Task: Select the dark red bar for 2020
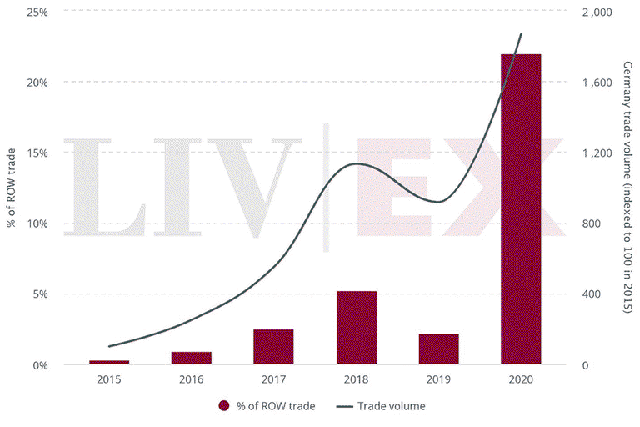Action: [521, 208]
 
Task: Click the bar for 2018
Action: [357, 327]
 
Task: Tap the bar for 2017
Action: [273, 346]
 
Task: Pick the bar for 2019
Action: [439, 349]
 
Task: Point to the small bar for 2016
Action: [192, 358]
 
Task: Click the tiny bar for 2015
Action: [109, 362]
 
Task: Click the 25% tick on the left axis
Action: [37, 13]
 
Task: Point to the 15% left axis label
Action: [37, 153]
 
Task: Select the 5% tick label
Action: [40, 294]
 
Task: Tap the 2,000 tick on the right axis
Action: [597, 13]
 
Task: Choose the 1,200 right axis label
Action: [597, 153]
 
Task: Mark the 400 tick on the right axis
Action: [591, 294]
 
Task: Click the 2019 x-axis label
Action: [439, 379]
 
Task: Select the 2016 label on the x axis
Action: [192, 379]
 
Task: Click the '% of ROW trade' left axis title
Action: [11, 188]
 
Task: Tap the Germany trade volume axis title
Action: [627, 188]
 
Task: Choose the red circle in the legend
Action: [223, 406]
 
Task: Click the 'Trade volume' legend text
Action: [392, 406]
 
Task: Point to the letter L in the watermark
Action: [105, 188]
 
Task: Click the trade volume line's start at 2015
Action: [109, 346]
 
